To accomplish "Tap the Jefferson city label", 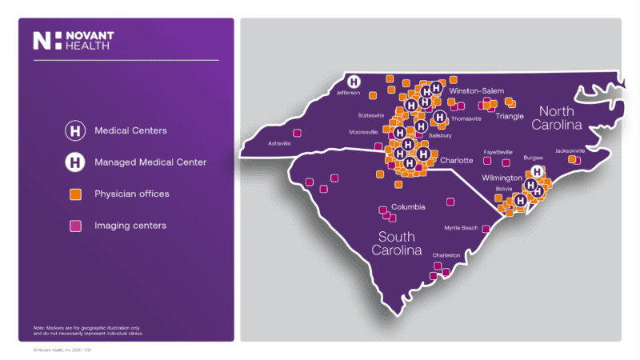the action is click(349, 93).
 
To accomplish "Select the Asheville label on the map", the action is click(279, 144).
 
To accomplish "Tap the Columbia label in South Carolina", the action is click(408, 206).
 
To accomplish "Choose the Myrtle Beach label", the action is click(461, 228).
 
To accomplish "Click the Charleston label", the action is click(446, 255).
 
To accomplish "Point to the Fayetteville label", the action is click(498, 151).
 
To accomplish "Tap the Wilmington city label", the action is click(502, 177).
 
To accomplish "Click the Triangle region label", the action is click(510, 116).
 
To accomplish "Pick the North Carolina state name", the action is click(569, 118).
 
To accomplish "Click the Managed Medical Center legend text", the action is click(150, 162).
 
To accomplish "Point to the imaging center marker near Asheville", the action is click(298, 134).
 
